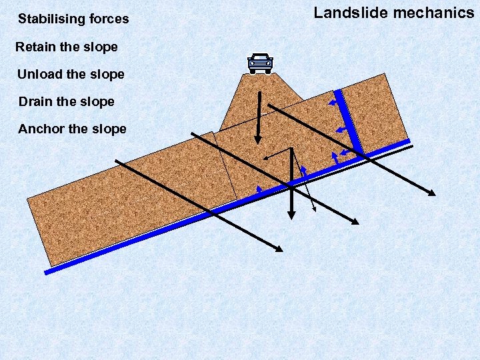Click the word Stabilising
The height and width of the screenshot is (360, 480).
point(48,19)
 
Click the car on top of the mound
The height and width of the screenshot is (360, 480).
point(260,63)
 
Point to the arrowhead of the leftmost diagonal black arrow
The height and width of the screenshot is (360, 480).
point(279,249)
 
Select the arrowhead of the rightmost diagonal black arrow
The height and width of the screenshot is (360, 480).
point(433,193)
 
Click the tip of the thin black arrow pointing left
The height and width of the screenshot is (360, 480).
point(264,158)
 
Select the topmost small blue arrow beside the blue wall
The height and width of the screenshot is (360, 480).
point(331,103)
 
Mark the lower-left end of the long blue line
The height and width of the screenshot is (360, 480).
point(47,271)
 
